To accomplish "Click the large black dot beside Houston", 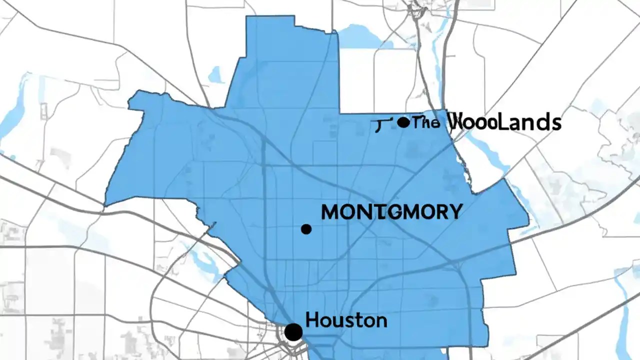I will tap(293, 331).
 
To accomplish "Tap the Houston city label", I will tap(346, 320).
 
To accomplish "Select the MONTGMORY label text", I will tap(391, 212).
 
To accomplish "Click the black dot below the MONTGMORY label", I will tap(306, 229).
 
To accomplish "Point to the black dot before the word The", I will tap(403, 122).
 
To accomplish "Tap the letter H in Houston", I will tap(311, 320).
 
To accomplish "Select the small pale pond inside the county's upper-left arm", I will tap(215, 75).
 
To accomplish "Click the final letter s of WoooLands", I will tap(555, 123).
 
